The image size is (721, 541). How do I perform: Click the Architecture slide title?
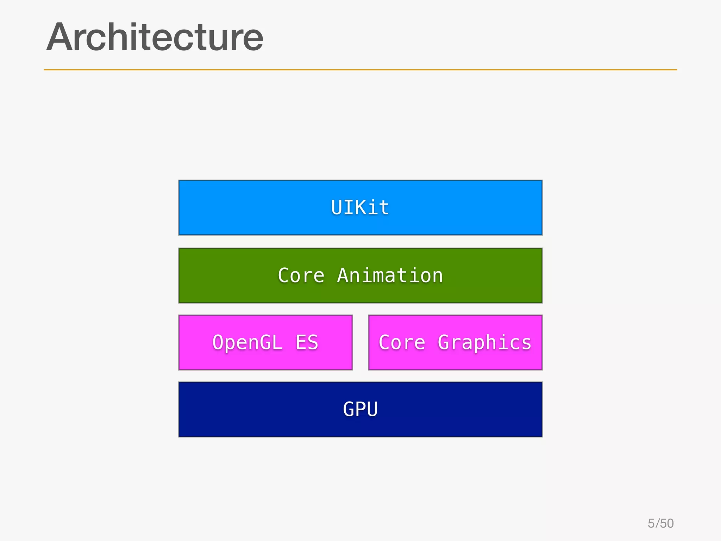155,37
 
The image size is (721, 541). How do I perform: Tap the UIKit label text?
360,207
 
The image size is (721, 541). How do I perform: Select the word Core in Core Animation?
301,275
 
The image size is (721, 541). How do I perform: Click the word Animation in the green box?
390,275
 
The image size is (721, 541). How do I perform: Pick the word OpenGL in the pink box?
247,342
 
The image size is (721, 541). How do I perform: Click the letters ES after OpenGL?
307,342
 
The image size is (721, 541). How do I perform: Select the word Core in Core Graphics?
402,342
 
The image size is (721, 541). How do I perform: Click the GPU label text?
360,409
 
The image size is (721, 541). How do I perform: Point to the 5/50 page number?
660,523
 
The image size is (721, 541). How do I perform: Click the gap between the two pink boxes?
360,342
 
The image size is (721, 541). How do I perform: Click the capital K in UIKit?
360,207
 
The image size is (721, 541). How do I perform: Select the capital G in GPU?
349,409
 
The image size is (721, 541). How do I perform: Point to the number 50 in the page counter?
667,523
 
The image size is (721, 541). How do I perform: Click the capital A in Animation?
343,275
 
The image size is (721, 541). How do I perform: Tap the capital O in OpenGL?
218,342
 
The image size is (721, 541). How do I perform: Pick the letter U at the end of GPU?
372,409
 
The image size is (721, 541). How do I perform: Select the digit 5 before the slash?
651,523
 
